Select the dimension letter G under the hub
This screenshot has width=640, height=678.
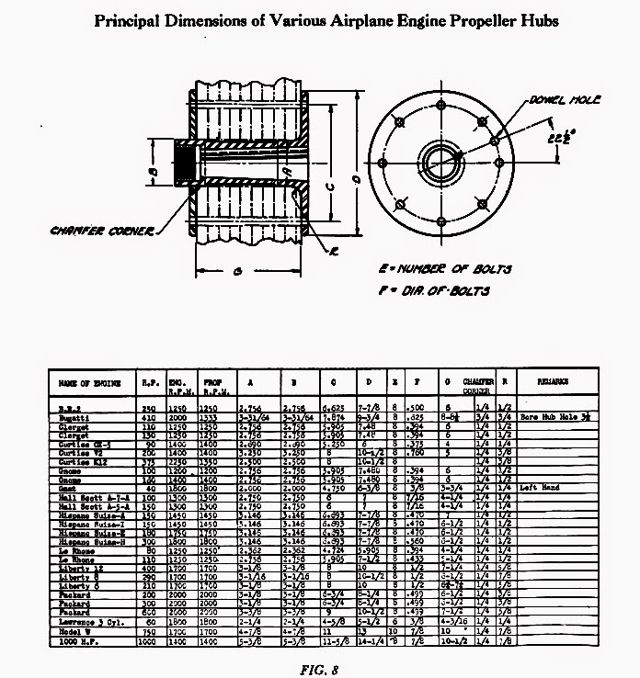tap(238, 273)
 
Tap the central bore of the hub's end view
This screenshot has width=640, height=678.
tap(445, 157)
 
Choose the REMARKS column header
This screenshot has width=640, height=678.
tap(553, 379)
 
